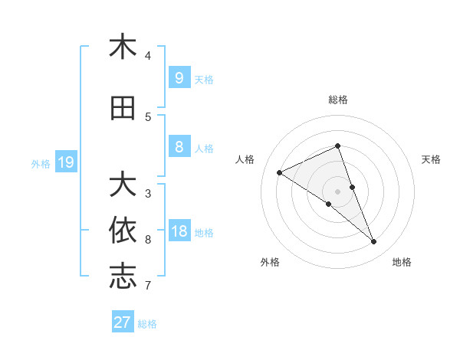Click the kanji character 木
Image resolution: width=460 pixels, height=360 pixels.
click(x=123, y=47)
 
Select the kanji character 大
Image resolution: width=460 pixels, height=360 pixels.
click(x=123, y=185)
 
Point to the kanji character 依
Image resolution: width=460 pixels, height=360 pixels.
click(x=123, y=231)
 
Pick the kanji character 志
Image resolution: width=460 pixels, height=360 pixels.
click(x=123, y=277)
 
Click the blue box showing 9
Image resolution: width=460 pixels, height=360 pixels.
click(x=179, y=78)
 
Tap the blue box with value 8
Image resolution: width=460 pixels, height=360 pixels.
click(x=179, y=147)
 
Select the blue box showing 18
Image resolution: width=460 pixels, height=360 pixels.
click(x=179, y=231)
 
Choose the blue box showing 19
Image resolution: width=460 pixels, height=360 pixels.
click(x=65, y=162)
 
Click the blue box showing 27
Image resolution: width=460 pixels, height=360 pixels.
click(x=122, y=322)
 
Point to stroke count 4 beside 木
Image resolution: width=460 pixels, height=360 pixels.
click(x=148, y=56)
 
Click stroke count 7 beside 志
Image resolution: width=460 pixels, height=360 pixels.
click(x=148, y=286)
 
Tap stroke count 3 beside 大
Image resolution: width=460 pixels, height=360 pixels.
click(x=148, y=193)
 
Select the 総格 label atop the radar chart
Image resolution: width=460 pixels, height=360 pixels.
click(x=337, y=100)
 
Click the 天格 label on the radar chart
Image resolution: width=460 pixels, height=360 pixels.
click(x=431, y=159)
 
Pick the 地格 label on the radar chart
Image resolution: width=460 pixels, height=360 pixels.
click(x=402, y=262)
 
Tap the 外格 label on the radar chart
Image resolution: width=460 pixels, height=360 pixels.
click(x=270, y=262)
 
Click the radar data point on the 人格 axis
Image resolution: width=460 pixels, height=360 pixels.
click(x=279, y=173)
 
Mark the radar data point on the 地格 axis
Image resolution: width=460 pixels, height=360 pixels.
click(x=374, y=242)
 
